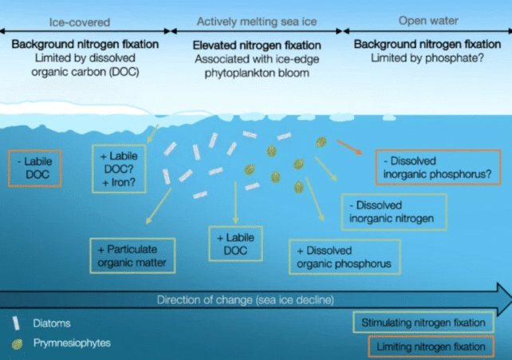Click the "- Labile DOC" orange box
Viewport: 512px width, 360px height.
pyautogui.click(x=33, y=168)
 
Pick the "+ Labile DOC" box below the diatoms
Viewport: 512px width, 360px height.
pyautogui.click(x=235, y=245)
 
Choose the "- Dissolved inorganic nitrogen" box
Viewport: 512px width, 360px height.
pyautogui.click(x=391, y=212)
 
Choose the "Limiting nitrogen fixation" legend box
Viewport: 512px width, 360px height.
pyautogui.click(x=428, y=346)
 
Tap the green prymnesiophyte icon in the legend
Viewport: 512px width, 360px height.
pyautogui.click(x=15, y=343)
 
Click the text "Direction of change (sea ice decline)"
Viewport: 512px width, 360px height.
pyautogui.click(x=245, y=300)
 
